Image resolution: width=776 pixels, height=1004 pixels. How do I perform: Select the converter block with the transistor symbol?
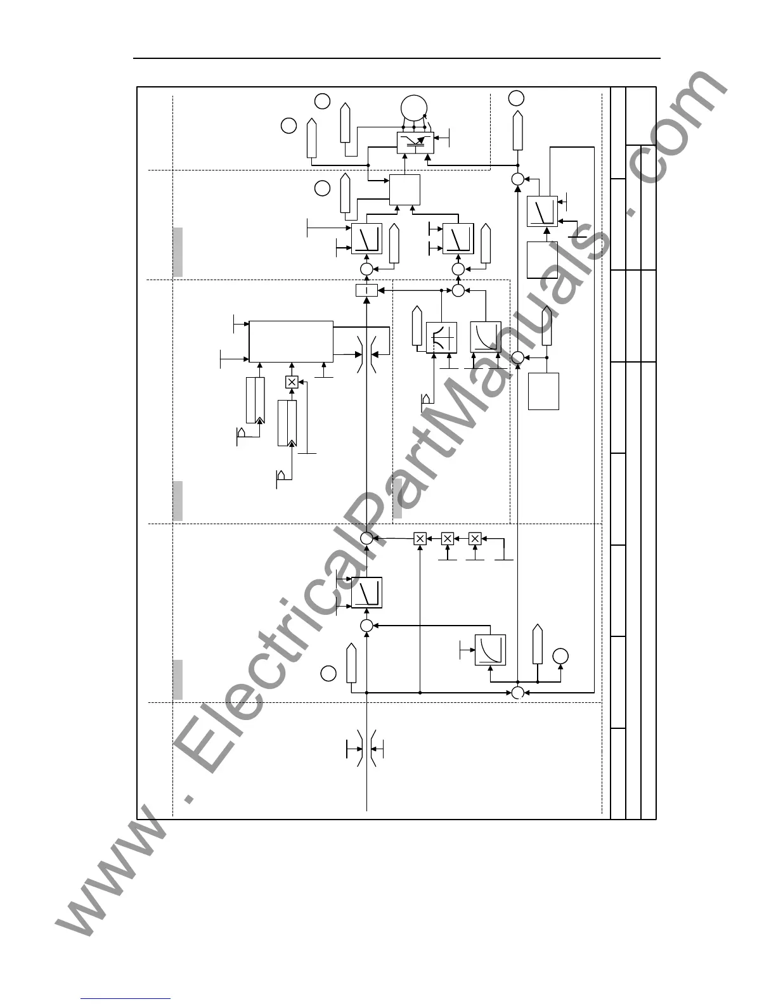click(x=415, y=143)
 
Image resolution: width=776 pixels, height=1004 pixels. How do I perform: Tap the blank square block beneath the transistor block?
click(x=404, y=190)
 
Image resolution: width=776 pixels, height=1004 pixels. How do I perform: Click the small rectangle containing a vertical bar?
click(x=366, y=290)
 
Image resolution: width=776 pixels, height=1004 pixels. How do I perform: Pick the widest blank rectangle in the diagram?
click(x=291, y=341)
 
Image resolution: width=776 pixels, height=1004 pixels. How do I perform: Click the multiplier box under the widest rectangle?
click(x=292, y=382)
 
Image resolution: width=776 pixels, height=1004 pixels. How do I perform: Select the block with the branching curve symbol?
click(x=441, y=337)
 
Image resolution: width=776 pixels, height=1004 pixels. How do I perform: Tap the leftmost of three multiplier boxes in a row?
click(x=420, y=538)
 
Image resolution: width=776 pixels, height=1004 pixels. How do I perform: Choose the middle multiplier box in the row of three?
click(x=448, y=538)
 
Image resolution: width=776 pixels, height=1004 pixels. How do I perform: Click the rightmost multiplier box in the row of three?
click(x=475, y=538)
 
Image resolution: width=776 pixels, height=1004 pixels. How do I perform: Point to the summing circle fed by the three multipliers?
click(x=366, y=538)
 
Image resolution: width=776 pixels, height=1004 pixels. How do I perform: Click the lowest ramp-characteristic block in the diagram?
click(x=366, y=593)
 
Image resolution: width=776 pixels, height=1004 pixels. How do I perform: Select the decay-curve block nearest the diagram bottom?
click(x=491, y=650)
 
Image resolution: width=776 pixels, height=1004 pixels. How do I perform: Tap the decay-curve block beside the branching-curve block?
click(x=486, y=337)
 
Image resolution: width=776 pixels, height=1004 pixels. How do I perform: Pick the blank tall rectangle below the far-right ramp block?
click(x=542, y=260)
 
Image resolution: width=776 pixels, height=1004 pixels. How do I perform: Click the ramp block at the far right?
click(x=542, y=211)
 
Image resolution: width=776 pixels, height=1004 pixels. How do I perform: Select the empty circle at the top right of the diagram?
click(x=517, y=98)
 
